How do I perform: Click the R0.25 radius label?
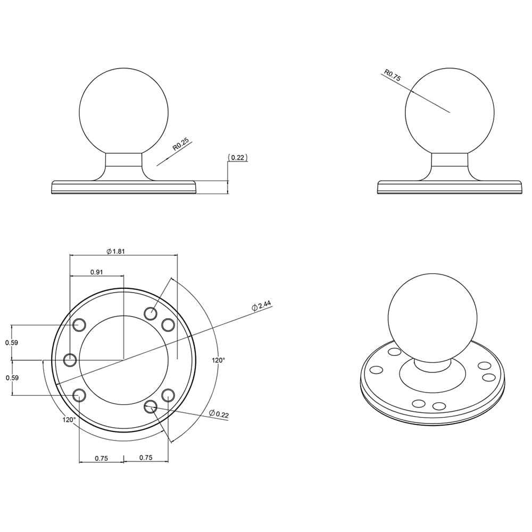181,145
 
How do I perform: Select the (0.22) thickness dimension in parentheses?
238,157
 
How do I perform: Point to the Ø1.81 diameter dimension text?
115,251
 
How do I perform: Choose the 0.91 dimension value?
97,272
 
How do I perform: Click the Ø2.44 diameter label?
262,306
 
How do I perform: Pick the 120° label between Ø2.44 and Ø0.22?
218,360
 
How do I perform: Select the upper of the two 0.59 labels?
12,343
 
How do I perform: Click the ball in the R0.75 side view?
450,112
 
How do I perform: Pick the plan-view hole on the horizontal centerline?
70,360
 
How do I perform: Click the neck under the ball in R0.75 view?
450,161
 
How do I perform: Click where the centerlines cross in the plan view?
123,360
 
